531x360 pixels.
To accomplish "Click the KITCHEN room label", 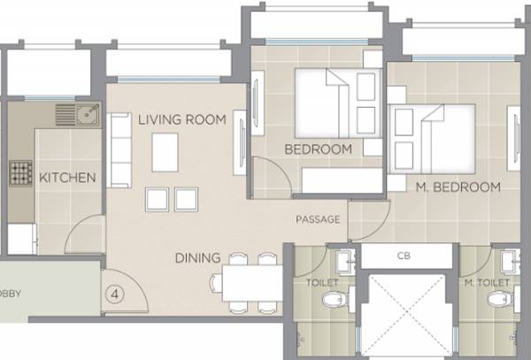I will click(x=67, y=178).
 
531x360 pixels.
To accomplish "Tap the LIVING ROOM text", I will click(x=181, y=119).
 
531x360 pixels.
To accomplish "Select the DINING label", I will click(x=196, y=258).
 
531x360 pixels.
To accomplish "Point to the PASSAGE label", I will click(x=318, y=219).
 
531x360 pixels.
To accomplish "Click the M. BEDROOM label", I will click(x=458, y=187).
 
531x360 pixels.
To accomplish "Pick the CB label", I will click(x=404, y=256).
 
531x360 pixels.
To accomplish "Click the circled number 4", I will click(x=116, y=289).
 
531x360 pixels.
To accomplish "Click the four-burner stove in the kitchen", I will click(x=19, y=172).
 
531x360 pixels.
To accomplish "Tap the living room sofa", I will click(x=119, y=150).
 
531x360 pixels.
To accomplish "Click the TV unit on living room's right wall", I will click(x=239, y=145).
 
